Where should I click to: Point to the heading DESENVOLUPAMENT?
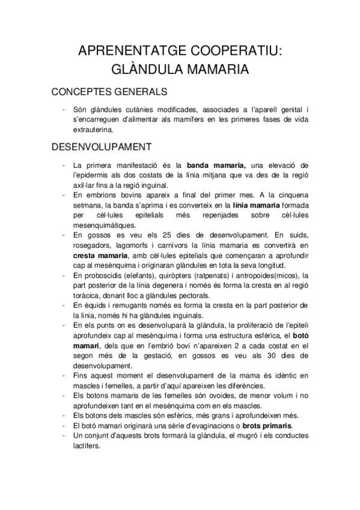(102, 147)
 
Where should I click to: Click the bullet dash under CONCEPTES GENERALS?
(63, 110)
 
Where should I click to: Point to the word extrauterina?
(92, 129)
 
